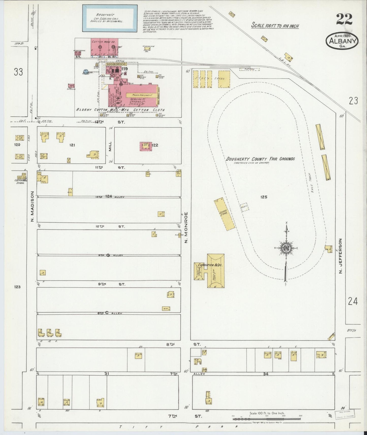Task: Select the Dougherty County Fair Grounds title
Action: click(260, 159)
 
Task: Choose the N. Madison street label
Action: click(32, 206)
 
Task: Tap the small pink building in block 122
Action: click(145, 146)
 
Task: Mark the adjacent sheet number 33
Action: click(18, 72)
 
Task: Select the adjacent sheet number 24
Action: click(353, 302)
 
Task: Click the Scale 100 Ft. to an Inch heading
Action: click(275, 26)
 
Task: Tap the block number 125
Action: click(264, 197)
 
